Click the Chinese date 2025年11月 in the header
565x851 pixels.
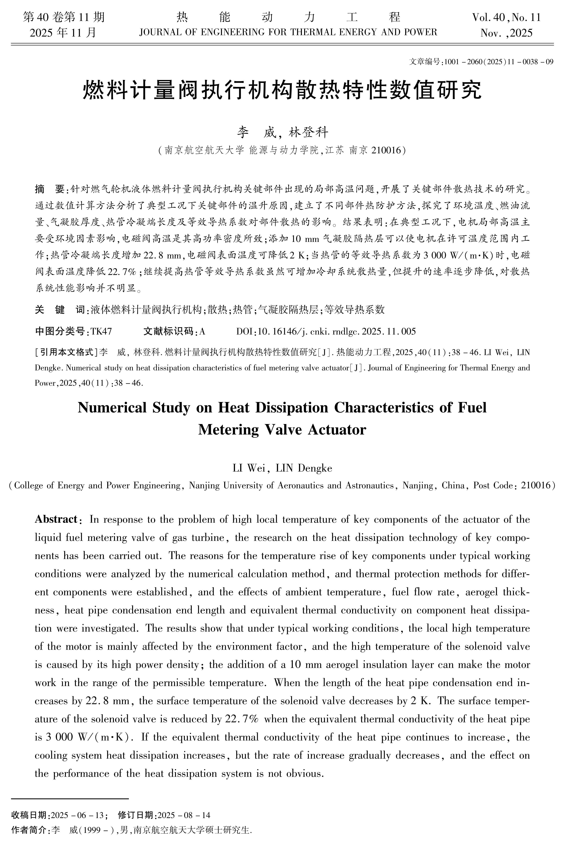[x=63, y=33]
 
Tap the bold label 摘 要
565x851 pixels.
[x=49, y=189]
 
